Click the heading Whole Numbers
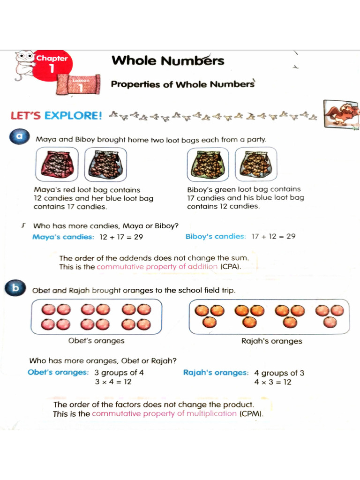click(x=168, y=61)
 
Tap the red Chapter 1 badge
click(x=51, y=66)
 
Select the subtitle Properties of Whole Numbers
click(x=182, y=84)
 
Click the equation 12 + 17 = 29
click(x=121, y=237)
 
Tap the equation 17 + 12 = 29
click(x=273, y=236)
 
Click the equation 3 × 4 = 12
click(x=113, y=382)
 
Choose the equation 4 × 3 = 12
click(x=273, y=382)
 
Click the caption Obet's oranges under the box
click(x=97, y=341)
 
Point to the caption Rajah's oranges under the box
click(x=271, y=341)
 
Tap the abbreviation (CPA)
click(x=230, y=267)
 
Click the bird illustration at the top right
click(x=343, y=114)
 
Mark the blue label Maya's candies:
click(x=63, y=237)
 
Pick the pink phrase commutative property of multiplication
click(x=164, y=414)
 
